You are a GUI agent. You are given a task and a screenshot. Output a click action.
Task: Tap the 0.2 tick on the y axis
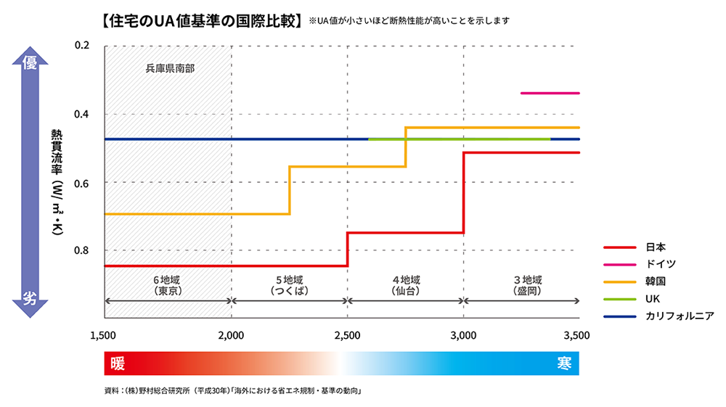point(82,46)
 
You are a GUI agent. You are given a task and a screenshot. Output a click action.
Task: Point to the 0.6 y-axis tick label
point(82,182)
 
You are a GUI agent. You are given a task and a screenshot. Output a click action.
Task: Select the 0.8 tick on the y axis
point(82,250)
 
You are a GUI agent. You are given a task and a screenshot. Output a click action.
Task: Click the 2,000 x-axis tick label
point(232,335)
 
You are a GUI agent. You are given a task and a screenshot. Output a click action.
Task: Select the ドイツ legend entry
point(660,264)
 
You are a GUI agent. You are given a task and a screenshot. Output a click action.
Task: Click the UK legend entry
point(653,298)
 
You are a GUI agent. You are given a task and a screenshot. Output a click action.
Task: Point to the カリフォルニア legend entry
point(680,316)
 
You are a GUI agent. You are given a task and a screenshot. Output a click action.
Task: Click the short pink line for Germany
point(550,93)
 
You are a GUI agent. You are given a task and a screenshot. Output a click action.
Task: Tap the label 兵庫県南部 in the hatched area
point(170,70)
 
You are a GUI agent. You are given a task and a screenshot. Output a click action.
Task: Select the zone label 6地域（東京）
point(168,284)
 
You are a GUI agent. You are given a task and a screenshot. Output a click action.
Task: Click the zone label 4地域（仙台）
point(406,284)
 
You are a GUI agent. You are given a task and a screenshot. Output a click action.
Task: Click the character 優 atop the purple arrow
point(30,64)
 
